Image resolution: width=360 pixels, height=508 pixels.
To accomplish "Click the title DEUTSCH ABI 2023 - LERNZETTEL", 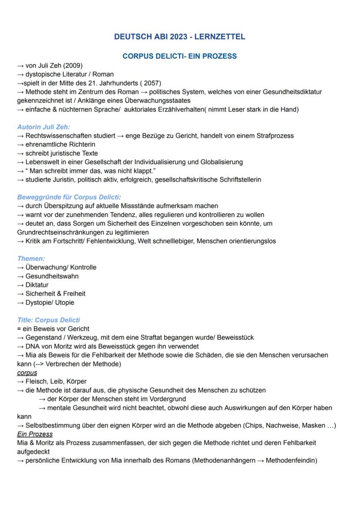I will pyautogui.click(x=180, y=37).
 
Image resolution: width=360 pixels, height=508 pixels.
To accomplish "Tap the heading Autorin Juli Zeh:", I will pyautogui.click(x=43, y=127).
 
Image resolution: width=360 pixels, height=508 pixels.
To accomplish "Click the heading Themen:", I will pyautogui.click(x=31, y=258).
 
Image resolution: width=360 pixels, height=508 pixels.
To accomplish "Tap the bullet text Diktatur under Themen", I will pyautogui.click(x=37, y=285).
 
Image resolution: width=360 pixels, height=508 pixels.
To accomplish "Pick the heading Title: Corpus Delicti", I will pyautogui.click(x=48, y=320).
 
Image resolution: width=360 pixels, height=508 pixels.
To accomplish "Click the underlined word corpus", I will pyautogui.click(x=27, y=372).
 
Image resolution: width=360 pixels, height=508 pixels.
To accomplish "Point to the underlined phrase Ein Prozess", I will pyautogui.click(x=35, y=434).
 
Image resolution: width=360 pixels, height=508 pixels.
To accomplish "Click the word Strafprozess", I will pyautogui.click(x=274, y=136).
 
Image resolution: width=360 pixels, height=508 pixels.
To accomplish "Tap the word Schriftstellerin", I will pyautogui.click(x=234, y=179).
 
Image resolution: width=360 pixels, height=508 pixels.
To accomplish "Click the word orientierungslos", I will pyautogui.click(x=250, y=241).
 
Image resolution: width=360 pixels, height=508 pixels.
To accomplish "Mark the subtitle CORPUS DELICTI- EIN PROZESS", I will pyautogui.click(x=180, y=56).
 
